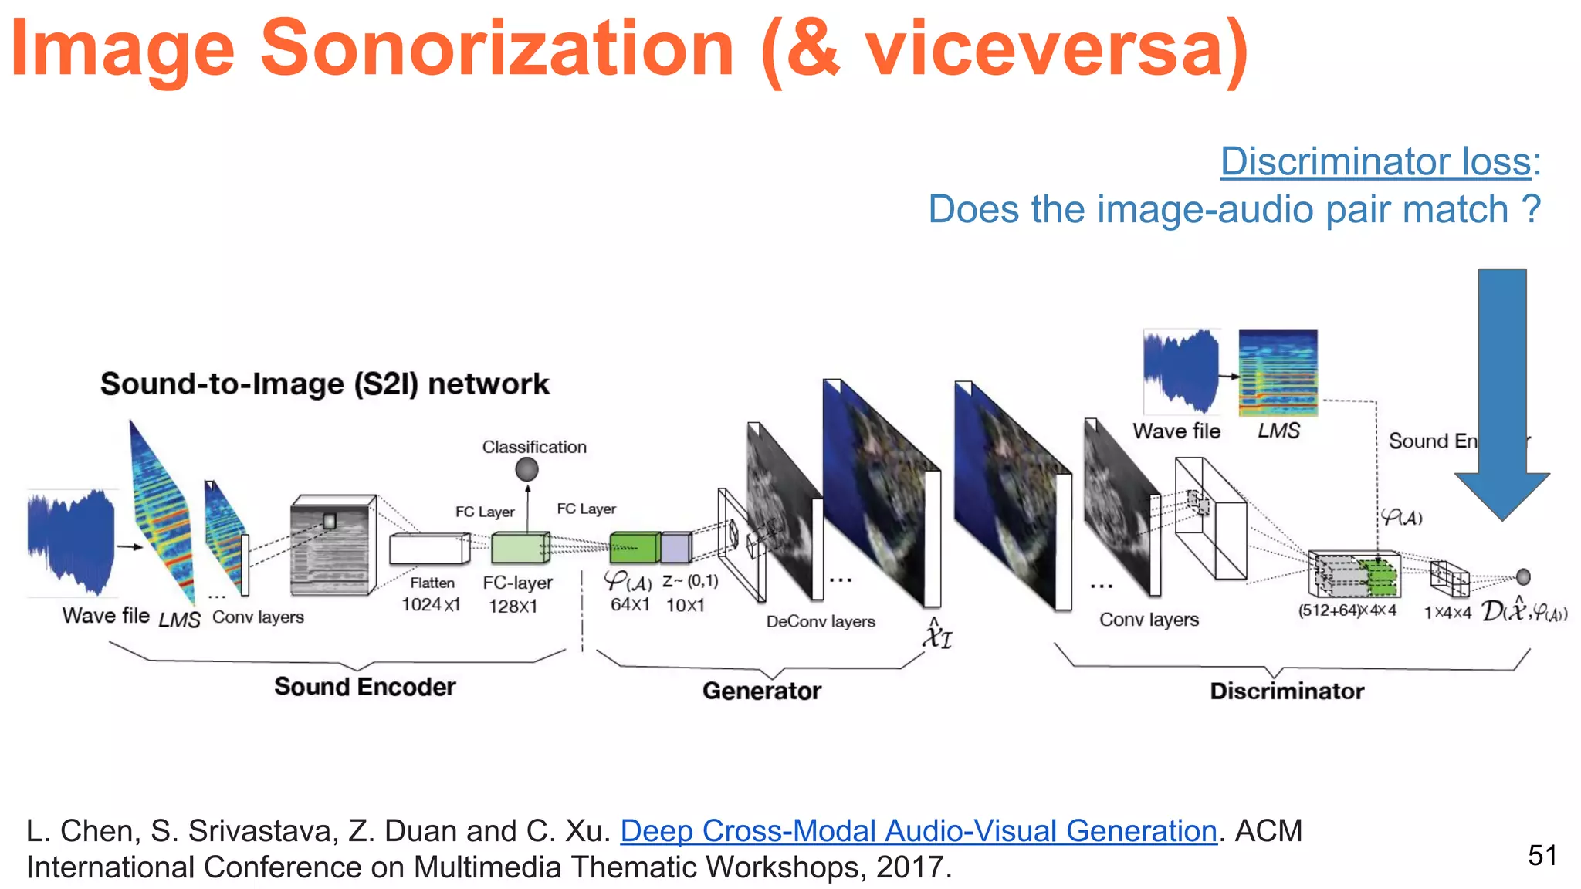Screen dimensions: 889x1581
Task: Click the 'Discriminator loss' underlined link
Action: [x=1376, y=161]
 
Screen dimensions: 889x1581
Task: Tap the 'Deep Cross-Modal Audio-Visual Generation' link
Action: [x=918, y=831]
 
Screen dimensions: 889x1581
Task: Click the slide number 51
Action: [x=1542, y=855]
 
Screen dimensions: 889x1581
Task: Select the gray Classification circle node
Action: [x=526, y=468]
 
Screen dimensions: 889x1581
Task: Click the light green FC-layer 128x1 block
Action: [x=520, y=548]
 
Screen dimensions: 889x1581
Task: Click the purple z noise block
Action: [x=676, y=548]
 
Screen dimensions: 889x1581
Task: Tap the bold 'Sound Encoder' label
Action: [x=364, y=686]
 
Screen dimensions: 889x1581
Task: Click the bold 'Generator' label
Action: [x=761, y=690]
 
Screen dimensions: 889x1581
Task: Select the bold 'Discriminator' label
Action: [x=1286, y=690]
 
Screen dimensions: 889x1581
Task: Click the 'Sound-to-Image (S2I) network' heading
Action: [x=324, y=384]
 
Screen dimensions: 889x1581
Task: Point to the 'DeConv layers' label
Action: [x=820, y=621]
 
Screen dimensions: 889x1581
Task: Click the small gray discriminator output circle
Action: [x=1523, y=576]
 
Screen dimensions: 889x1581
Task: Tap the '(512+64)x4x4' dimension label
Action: [x=1346, y=610]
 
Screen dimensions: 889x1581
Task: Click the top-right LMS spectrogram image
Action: [x=1278, y=372]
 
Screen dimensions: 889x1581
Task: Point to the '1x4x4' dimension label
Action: [x=1447, y=613]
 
